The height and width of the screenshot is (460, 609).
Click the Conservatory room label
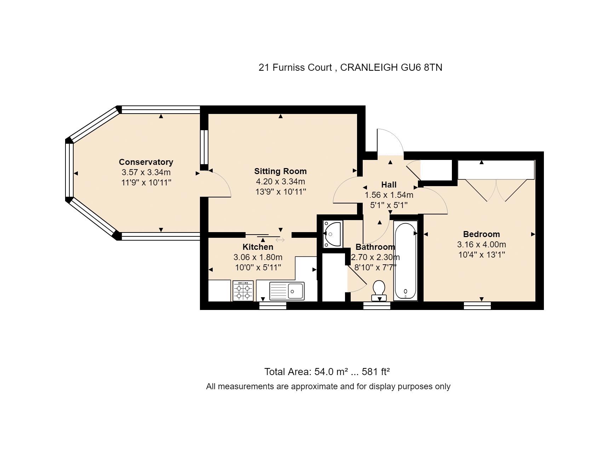[146, 162]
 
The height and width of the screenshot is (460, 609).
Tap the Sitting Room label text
[280, 171]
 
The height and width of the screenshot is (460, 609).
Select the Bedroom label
[481, 234]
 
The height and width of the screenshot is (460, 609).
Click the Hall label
[389, 185]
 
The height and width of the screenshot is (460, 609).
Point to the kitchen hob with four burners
[243, 291]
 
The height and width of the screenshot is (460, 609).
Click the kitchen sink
[287, 291]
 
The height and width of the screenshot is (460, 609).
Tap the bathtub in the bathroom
[406, 261]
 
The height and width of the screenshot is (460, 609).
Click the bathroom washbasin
[333, 234]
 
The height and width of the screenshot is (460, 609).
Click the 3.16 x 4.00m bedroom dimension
[481, 245]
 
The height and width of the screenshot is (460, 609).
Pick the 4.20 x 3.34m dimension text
[280, 182]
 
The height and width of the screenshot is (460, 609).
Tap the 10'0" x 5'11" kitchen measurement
[258, 268]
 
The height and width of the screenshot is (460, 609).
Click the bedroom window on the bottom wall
[477, 305]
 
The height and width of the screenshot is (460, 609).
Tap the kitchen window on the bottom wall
[272, 305]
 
